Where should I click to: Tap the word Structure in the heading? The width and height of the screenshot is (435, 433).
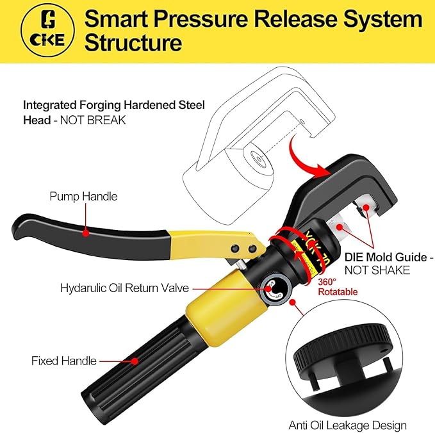pos(133,44)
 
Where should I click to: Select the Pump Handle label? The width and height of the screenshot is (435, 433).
pos(83,197)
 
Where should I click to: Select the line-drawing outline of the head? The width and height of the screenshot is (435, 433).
pos(243,128)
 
